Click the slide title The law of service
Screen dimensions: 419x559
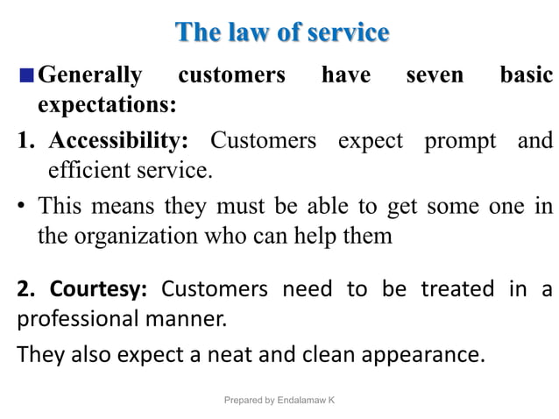click(282, 33)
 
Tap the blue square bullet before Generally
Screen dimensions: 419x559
click(26, 75)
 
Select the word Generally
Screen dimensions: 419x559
click(90, 75)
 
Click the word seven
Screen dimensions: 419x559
click(435, 75)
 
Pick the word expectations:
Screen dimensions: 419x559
click(106, 106)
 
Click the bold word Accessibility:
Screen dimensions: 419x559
click(118, 140)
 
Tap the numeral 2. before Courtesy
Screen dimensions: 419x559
click(26, 288)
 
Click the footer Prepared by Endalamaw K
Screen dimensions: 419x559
click(279, 400)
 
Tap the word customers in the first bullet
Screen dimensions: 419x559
click(231, 75)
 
